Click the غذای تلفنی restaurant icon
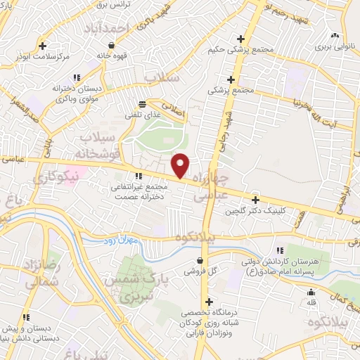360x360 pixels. pyautogui.click(x=142, y=103)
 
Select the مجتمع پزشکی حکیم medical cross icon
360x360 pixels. pyautogui.click(x=241, y=39)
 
